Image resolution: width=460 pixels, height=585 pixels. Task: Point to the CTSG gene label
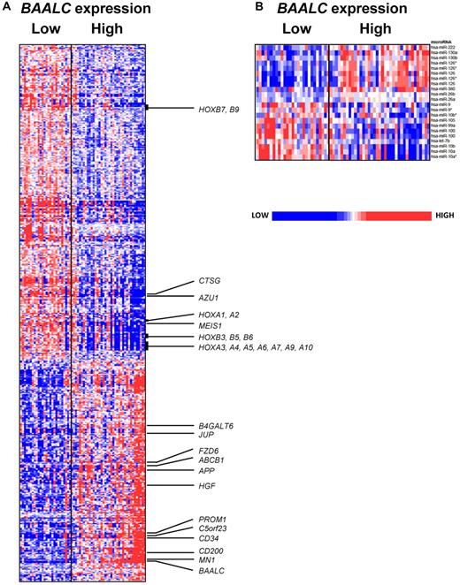210,281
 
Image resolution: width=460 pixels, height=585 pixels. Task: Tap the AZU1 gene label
210,298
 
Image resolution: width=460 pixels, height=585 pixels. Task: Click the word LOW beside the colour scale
260,215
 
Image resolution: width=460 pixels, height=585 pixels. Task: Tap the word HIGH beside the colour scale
444,215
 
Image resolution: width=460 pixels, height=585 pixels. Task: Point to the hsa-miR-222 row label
441,46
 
